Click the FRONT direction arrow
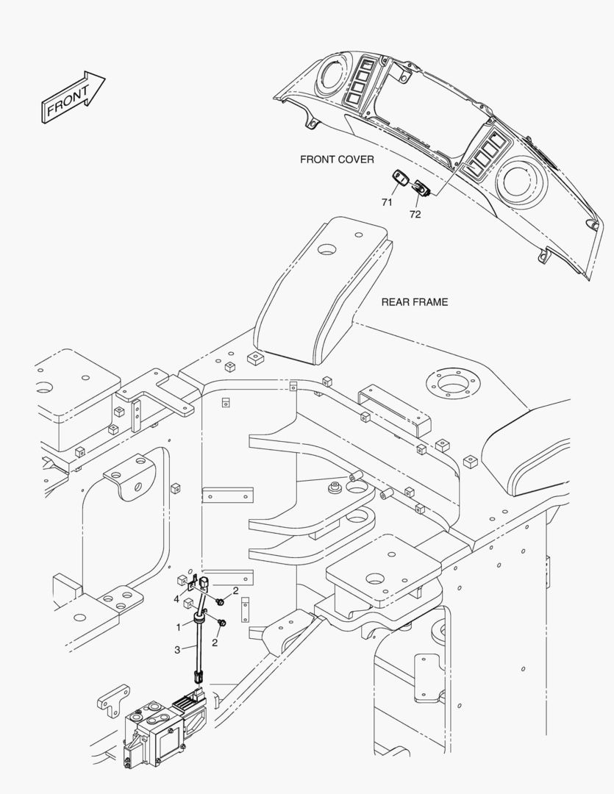pyautogui.click(x=73, y=96)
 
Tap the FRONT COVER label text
pyautogui.click(x=337, y=160)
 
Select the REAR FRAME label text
pyautogui.click(x=415, y=302)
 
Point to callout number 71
pyautogui.click(x=387, y=203)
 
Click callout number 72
pyautogui.click(x=415, y=215)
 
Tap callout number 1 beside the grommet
pyautogui.click(x=179, y=627)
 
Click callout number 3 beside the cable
pyautogui.click(x=176, y=650)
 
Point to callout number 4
pyautogui.click(x=176, y=600)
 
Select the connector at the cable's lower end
pyautogui.click(x=198, y=676)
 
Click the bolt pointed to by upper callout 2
pyautogui.click(x=221, y=601)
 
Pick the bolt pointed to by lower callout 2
pyautogui.click(x=221, y=623)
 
